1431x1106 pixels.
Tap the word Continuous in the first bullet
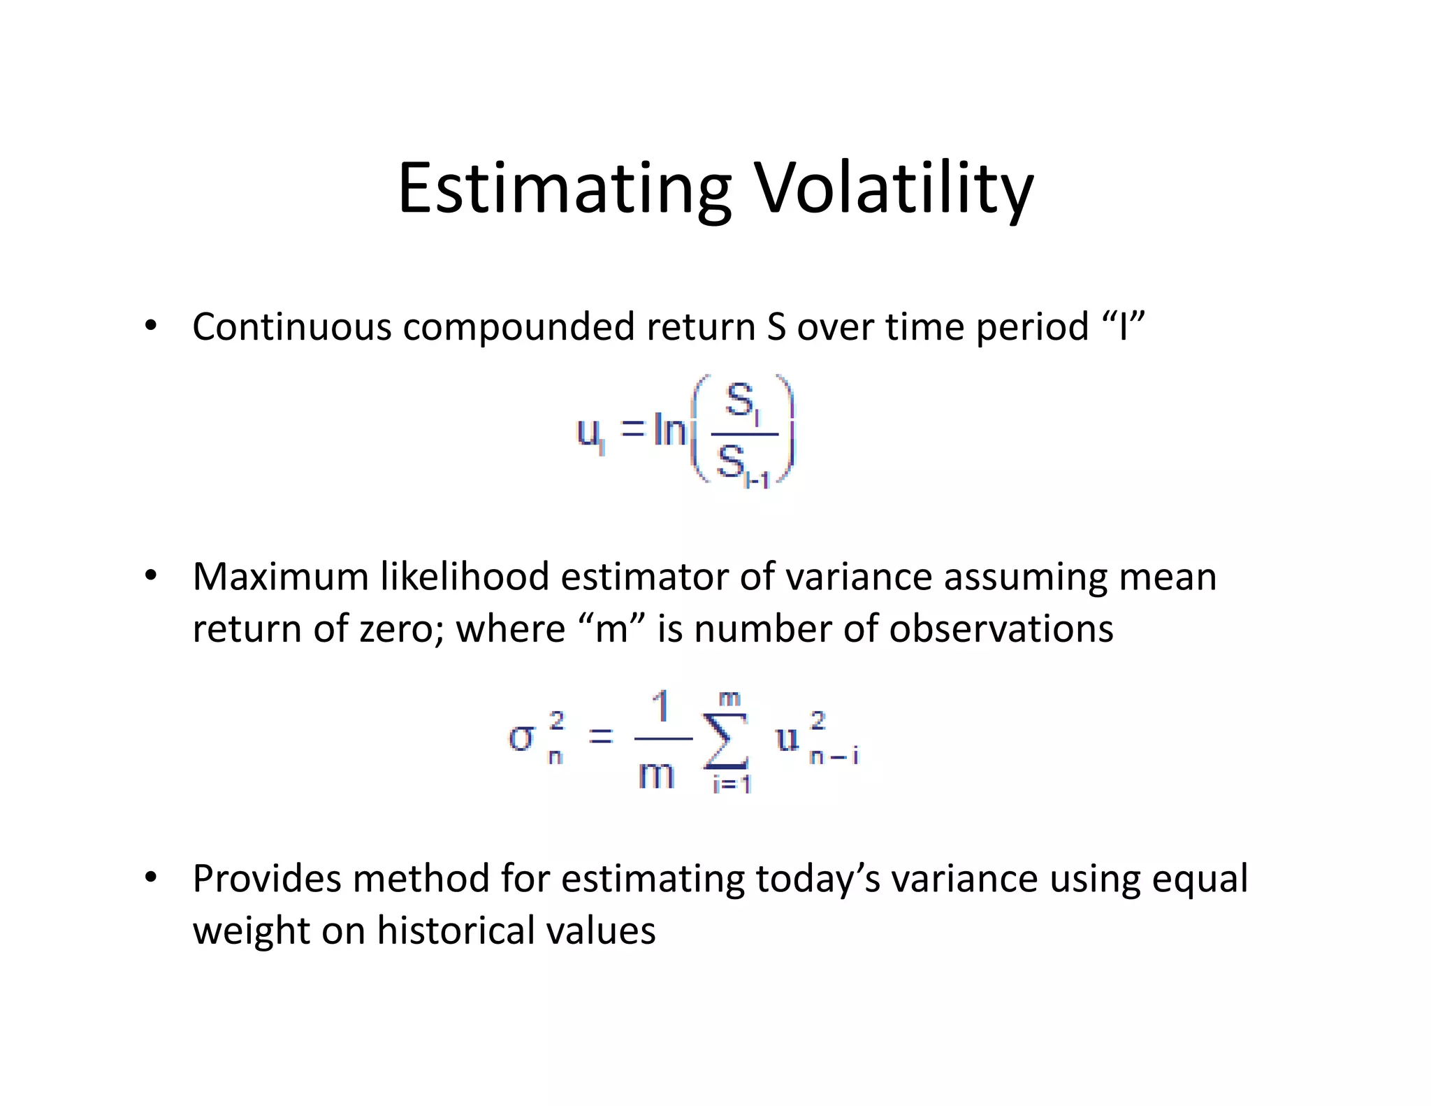pyautogui.click(x=291, y=326)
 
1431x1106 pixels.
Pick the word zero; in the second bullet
pyautogui.click(x=402, y=629)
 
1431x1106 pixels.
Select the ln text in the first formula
pyautogui.click(x=669, y=429)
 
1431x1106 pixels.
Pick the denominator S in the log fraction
pyautogui.click(x=731, y=461)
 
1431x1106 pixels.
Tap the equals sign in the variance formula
pyautogui.click(x=600, y=736)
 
